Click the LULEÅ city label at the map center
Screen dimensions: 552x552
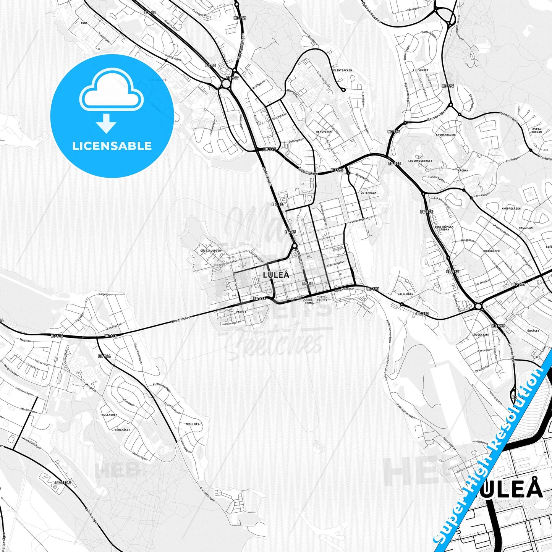[276, 275]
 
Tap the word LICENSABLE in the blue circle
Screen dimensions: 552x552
[112, 146]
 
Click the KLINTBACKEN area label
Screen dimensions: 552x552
[343, 71]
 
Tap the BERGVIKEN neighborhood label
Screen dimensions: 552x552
[324, 132]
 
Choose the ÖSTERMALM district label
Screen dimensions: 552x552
[368, 193]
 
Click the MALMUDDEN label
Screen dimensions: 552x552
[405, 295]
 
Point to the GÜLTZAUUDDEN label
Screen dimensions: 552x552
[210, 251]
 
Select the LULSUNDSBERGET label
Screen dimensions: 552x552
[420, 161]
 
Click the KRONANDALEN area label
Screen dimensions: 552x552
[445, 135]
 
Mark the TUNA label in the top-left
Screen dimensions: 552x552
[84, 23]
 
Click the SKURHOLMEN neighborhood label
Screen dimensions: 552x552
[491, 251]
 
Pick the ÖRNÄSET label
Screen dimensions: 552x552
[533, 330]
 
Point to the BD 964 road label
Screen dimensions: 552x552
[104, 356]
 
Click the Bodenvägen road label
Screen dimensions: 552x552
[267, 176]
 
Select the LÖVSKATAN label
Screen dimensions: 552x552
[480, 335]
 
